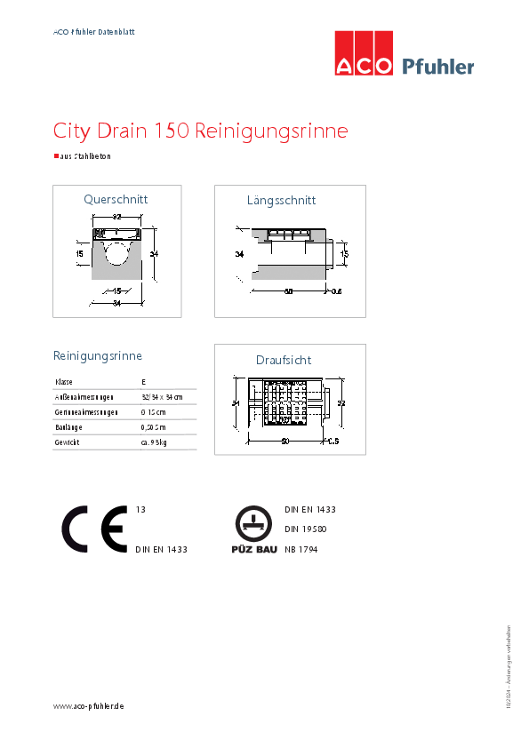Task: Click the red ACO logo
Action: pyautogui.click(x=363, y=53)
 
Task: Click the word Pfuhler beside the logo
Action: pyautogui.click(x=438, y=67)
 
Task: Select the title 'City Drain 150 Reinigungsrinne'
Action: pyautogui.click(x=200, y=131)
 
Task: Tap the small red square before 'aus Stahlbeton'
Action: pyautogui.click(x=56, y=155)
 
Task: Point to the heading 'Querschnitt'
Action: pyautogui.click(x=116, y=199)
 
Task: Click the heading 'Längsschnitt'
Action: pyautogui.click(x=281, y=200)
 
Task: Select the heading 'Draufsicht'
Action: pyautogui.click(x=284, y=360)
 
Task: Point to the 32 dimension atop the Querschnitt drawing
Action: pyautogui.click(x=116, y=217)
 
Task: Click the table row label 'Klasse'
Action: pyautogui.click(x=64, y=381)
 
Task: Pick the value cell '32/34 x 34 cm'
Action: pyautogui.click(x=161, y=396)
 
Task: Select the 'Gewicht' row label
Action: pyautogui.click(x=68, y=442)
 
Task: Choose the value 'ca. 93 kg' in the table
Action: pyautogui.click(x=155, y=442)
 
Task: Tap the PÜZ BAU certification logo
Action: pyautogui.click(x=253, y=530)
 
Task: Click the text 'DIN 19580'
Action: pyautogui.click(x=306, y=529)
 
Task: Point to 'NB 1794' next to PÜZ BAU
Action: pyautogui.click(x=301, y=550)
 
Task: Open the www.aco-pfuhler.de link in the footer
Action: pyautogui.click(x=88, y=705)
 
